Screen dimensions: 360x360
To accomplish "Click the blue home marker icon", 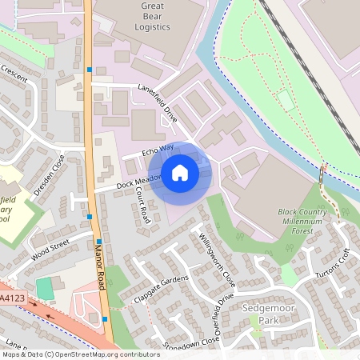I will point(180,173).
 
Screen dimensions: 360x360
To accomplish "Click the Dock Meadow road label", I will point(134,183).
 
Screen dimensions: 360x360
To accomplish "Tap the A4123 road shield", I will point(10,298).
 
